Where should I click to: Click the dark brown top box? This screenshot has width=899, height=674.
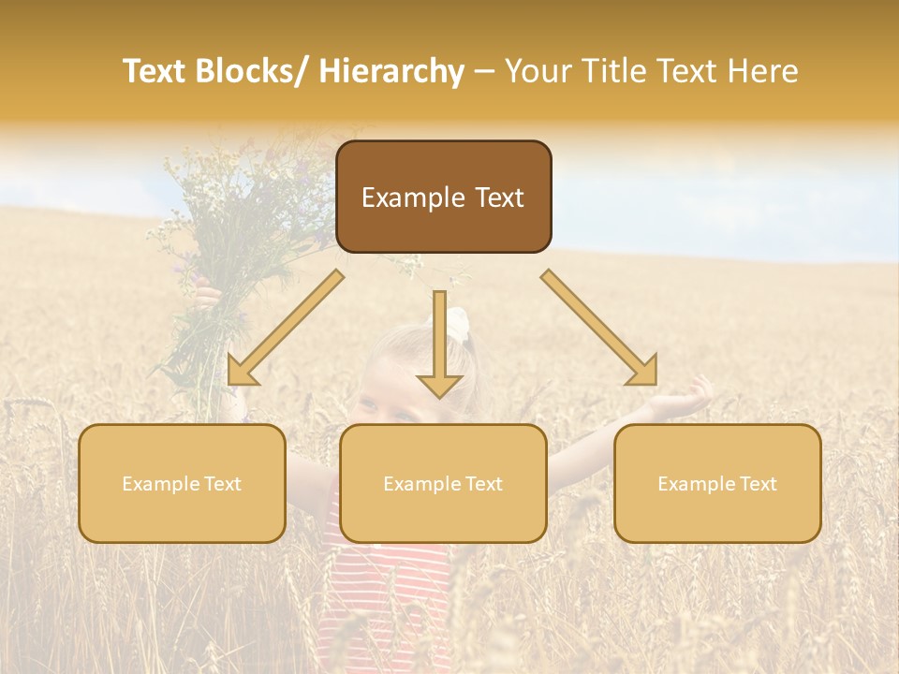443,197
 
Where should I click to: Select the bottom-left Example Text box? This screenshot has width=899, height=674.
182,483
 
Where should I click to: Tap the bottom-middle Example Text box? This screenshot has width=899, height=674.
443,483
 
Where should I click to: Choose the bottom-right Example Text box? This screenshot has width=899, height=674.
717,483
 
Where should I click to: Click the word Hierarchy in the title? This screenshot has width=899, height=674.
391,71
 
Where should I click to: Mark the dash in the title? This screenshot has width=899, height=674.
484,71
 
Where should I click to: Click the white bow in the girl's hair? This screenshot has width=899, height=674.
456,324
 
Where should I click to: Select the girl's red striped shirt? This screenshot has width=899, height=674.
384,590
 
